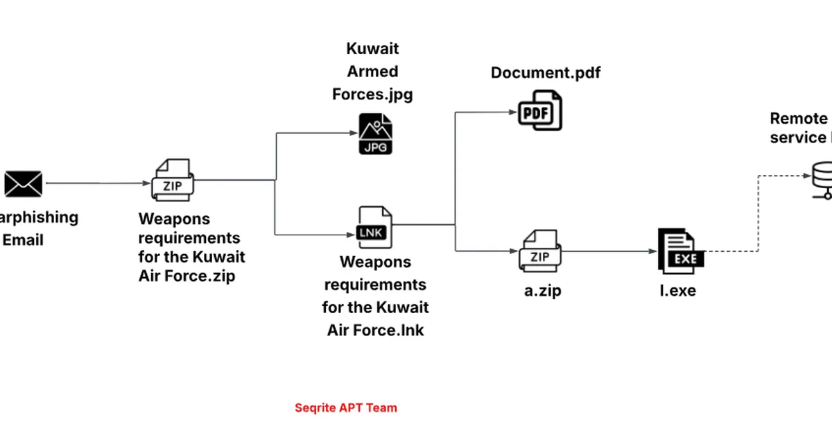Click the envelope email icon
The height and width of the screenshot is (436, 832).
[24, 184]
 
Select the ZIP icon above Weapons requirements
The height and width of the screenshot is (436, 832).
[173, 180]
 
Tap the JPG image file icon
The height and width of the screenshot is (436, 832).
[375, 134]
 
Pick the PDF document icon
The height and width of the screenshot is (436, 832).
[541, 110]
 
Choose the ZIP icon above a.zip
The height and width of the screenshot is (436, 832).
[540, 251]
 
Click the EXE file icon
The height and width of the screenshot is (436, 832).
[680, 252]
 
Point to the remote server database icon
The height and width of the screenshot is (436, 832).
[822, 179]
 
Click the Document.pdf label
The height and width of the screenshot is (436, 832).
[546, 73]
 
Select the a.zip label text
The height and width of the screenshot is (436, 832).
[542, 291]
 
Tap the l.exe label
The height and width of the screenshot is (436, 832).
[677, 291]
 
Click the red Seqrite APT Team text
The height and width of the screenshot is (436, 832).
[346, 408]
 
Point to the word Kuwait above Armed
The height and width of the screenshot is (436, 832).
[373, 49]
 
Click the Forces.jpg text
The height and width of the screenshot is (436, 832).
[372, 94]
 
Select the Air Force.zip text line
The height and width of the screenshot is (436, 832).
[187, 276]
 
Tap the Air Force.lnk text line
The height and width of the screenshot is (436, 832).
[375, 330]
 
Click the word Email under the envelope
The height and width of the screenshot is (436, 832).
[24, 240]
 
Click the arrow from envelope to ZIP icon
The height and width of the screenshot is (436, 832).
[97, 183]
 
